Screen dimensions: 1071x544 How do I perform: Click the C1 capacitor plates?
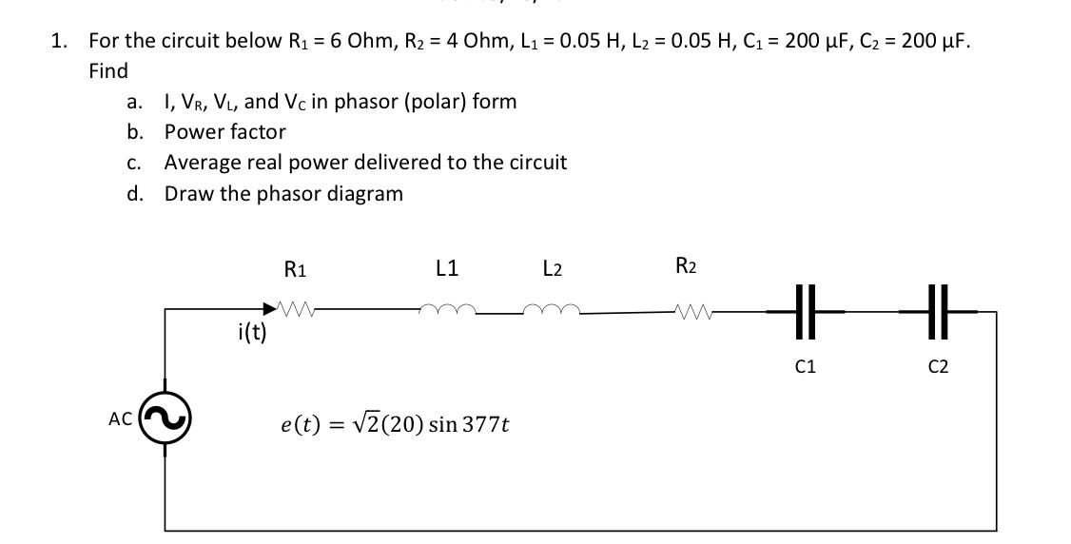click(805, 311)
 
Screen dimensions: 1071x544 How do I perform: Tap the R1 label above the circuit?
click(295, 269)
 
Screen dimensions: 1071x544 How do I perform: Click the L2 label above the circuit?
click(552, 269)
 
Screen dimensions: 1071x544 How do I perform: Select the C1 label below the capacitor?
click(805, 366)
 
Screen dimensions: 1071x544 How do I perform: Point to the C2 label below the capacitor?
click(938, 366)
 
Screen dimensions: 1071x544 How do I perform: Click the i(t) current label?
click(250, 332)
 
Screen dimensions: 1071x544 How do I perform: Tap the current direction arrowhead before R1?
click(270, 309)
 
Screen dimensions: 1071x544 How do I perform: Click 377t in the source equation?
click(485, 425)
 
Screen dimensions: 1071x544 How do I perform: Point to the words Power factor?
click(224, 131)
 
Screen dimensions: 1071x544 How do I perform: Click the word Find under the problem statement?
click(107, 71)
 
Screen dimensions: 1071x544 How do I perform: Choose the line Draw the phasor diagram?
click(283, 193)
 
